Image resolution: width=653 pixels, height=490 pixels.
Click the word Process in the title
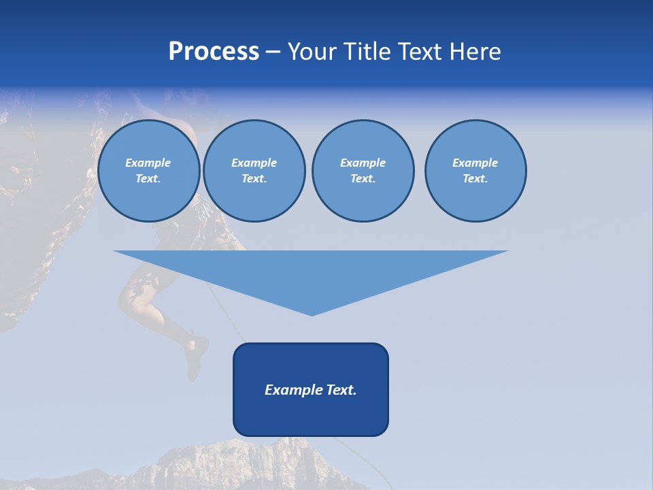[214, 52]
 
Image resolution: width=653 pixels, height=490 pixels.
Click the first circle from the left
[148, 171]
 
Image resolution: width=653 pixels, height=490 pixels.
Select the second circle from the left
[254, 171]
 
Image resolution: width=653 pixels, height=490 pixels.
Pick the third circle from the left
[363, 171]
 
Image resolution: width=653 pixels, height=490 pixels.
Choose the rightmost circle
[475, 171]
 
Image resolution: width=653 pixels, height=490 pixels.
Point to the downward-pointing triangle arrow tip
[312, 312]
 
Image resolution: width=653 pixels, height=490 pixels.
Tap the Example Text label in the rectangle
[311, 390]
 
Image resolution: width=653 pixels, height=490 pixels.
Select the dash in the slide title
[273, 52]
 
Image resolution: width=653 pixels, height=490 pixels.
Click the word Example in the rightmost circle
[475, 163]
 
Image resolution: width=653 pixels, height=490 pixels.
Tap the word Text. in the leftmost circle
[148, 179]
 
